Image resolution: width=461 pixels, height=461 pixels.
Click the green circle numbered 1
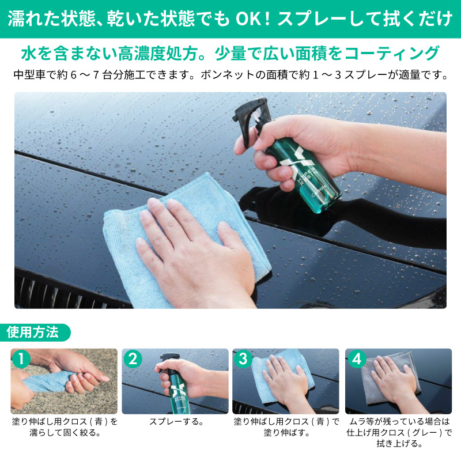click(21, 358)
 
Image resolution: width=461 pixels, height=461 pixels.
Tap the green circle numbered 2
click(133, 358)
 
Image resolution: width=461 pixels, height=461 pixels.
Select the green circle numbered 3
click(243, 358)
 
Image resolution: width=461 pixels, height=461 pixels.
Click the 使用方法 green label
click(33, 332)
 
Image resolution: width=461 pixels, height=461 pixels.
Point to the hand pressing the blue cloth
click(190, 242)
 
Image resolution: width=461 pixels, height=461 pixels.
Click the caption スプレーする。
click(176, 422)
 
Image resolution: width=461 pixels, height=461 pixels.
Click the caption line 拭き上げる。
click(398, 444)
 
